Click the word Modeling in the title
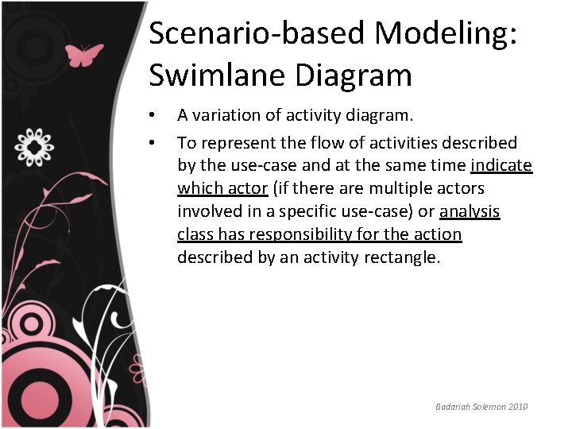[x=444, y=33]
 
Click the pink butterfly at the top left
[x=84, y=55]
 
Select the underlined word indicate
[x=501, y=165]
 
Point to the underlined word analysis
[x=470, y=211]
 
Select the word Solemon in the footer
[x=486, y=407]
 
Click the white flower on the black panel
[x=35, y=146]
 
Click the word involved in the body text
[x=207, y=211]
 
